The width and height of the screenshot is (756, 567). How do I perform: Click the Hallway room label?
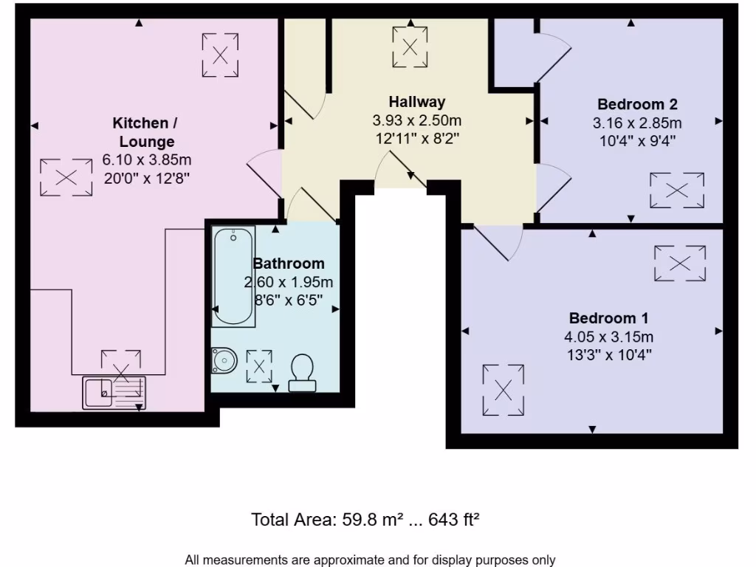417,102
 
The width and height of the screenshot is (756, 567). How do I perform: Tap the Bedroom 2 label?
637,104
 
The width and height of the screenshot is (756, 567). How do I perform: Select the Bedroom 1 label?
608,319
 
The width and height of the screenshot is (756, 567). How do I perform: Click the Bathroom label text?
289,264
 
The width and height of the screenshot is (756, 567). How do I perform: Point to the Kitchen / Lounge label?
145,131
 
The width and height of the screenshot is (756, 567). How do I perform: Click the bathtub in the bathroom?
233,277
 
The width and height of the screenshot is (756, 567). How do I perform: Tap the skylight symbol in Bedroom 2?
677,190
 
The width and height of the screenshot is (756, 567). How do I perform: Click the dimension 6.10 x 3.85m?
147,159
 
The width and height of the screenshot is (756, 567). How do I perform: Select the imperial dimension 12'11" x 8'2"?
417,138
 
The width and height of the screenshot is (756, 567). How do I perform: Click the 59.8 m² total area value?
369,520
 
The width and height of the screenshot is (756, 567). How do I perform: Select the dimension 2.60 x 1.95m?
289,282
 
